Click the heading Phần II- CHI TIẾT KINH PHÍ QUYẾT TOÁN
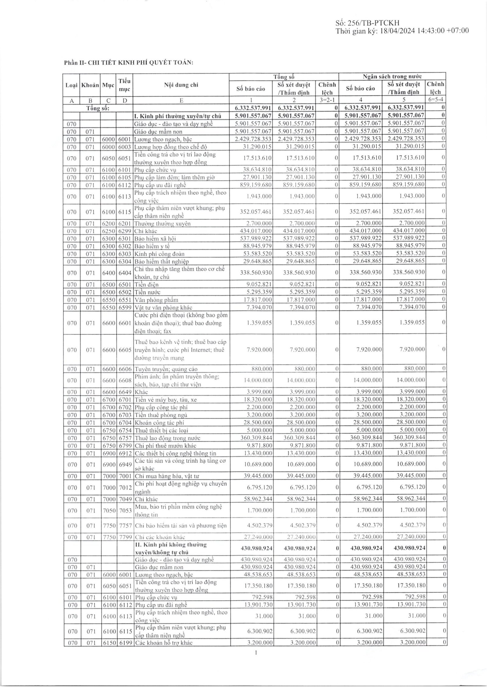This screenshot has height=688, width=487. (x=129, y=63)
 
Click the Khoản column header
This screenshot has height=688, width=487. (x=90, y=85)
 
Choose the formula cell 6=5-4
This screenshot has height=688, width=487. (x=435, y=100)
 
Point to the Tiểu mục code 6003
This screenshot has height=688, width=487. (x=125, y=146)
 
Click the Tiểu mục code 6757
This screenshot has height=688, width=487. (x=125, y=438)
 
